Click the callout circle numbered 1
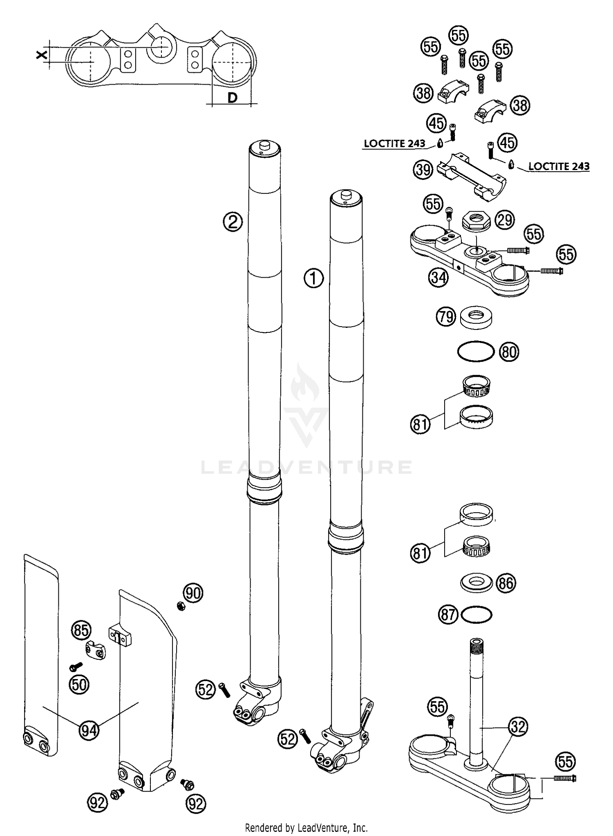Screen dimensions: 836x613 coord(313,279)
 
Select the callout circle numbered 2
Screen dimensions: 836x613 coord(233,222)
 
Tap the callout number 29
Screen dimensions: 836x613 coord(505,220)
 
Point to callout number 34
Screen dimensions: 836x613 coord(438,278)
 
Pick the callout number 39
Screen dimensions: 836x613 coord(423,169)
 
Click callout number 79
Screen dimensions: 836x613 coord(445,317)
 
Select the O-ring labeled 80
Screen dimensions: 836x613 coord(476,352)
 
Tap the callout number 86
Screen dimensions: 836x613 coord(506,583)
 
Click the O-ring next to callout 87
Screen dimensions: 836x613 coord(477,615)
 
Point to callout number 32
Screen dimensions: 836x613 coord(518,726)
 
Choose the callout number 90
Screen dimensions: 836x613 coord(193,593)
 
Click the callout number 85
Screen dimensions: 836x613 coord(81,630)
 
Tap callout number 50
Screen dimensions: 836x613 coord(79,684)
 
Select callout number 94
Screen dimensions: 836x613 coord(89,729)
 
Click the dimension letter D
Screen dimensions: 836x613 coord(232,98)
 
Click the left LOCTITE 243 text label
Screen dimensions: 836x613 coord(394,143)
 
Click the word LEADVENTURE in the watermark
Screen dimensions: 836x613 coord(306,467)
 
